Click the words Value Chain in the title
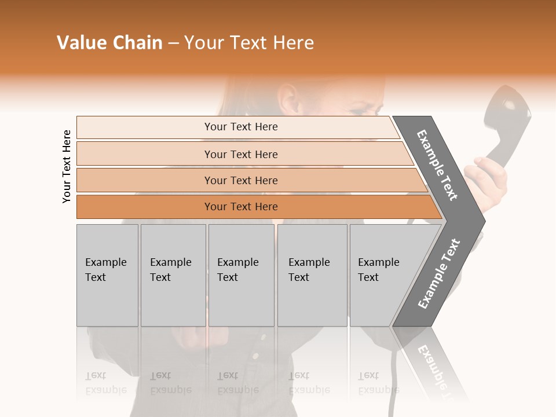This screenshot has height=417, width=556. point(109,43)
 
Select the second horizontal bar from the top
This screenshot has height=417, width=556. point(240,154)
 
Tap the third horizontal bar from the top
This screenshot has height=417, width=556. point(240,180)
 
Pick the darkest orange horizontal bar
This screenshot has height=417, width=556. point(240,207)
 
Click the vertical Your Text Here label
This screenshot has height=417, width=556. point(67,166)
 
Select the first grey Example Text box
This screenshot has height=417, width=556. point(107,275)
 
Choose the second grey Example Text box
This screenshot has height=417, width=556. point(173,275)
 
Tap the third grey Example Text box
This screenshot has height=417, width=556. point(241,275)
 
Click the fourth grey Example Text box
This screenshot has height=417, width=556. point(312,275)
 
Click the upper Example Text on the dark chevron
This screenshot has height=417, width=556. point(437,165)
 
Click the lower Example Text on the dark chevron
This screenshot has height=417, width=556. point(439,273)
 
